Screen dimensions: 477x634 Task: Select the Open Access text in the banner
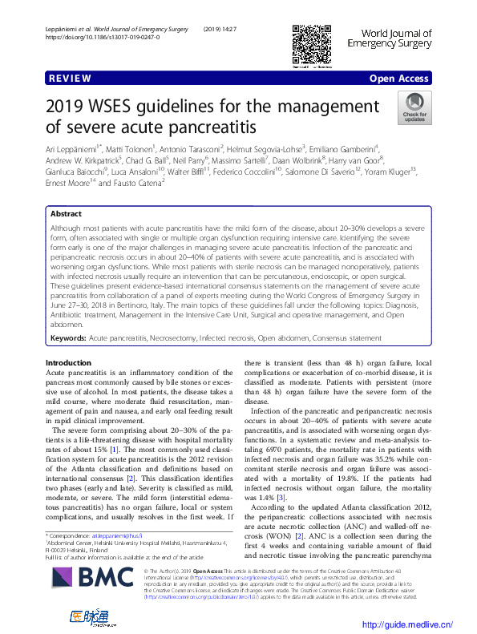click(400, 79)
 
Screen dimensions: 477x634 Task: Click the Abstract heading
click(66, 215)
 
